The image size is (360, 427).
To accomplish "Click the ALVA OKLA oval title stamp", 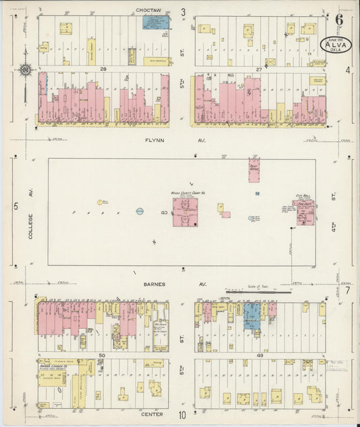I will point(335,45).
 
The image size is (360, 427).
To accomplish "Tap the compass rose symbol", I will point(25,69).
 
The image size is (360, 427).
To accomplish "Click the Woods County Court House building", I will point(184,211).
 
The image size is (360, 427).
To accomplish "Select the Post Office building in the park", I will point(254,171).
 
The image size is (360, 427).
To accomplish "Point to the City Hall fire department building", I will point(304,211).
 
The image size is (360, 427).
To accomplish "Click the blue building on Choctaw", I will point(155,23).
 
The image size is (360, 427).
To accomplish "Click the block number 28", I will point(103,69).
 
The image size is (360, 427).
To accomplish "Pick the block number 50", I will point(102,354).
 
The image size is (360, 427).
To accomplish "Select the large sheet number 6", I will point(338,20).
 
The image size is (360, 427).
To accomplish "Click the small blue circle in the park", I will point(140,211).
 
